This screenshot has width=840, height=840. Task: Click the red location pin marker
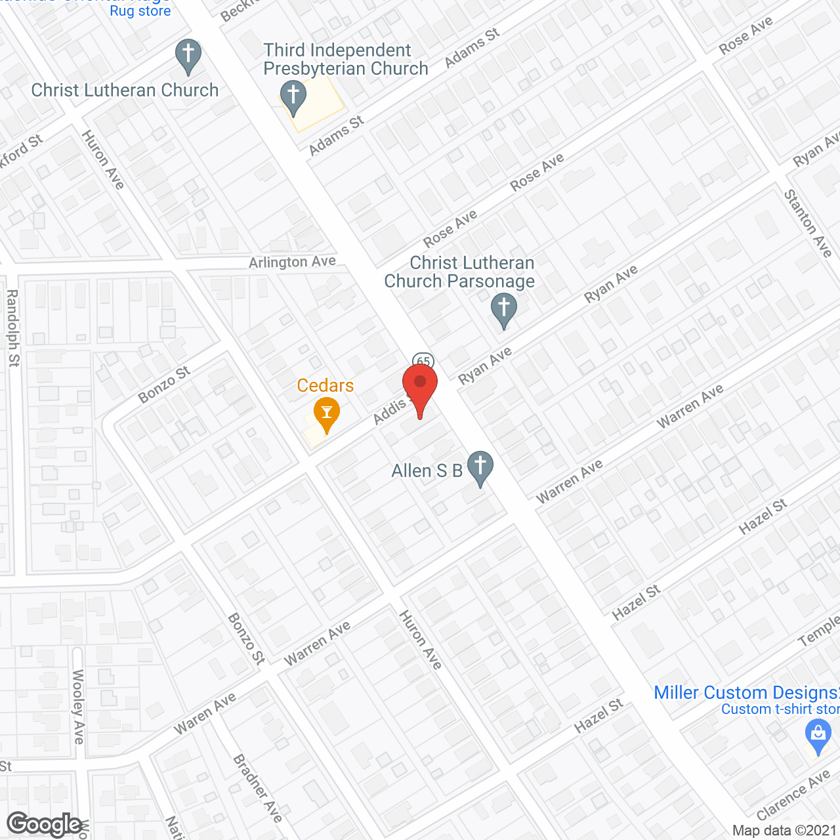420,387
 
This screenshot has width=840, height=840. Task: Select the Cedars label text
325,385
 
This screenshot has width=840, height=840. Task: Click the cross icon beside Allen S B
480,467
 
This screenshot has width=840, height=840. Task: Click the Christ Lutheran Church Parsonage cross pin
504,308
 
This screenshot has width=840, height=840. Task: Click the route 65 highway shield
423,361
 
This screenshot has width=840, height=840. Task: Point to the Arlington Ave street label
292,262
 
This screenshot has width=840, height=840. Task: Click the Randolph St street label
13,328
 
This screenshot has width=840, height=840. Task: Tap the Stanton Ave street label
808,223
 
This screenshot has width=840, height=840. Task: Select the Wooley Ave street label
78,706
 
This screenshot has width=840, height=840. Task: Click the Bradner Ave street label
257,788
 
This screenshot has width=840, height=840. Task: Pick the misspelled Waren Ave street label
205,714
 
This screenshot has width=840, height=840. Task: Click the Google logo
45,824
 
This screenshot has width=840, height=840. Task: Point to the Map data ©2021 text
784,831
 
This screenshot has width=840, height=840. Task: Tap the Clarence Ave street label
793,796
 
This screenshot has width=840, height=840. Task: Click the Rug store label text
140,11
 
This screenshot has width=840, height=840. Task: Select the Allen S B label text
427,471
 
